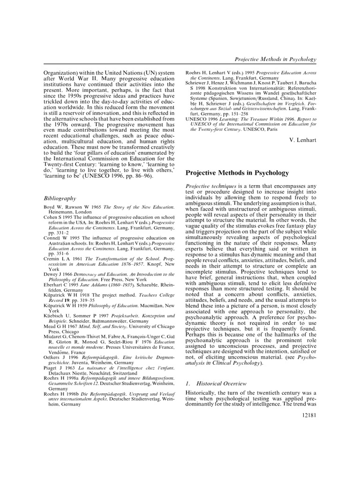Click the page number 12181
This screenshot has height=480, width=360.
point(307,416)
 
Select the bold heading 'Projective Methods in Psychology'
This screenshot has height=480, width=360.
point(238,173)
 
